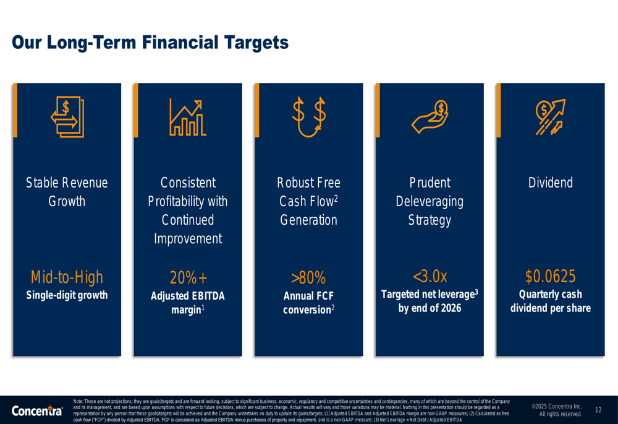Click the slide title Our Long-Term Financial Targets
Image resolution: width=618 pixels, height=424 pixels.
150,43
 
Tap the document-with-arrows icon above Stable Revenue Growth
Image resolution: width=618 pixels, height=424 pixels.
67,117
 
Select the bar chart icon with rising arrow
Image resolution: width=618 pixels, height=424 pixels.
188,117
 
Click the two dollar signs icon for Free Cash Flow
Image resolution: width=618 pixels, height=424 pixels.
309,117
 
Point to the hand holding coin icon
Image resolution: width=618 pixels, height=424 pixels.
430,117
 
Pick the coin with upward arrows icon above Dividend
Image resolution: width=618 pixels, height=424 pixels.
551,117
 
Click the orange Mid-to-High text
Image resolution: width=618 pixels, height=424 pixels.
67,277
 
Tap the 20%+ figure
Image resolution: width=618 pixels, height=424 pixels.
188,277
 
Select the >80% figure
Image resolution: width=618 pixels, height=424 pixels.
308,277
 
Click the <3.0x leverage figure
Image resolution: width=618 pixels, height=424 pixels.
430,276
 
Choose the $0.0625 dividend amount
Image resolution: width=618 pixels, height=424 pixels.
551,276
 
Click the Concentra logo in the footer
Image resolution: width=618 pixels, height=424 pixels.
37,410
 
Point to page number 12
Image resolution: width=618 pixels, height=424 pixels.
598,410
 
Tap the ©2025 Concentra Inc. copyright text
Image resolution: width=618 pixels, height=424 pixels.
557,406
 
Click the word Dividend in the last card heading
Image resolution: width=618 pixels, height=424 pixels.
551,183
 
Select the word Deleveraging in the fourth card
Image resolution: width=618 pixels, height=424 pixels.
430,202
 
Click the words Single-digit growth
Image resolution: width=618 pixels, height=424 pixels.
67,295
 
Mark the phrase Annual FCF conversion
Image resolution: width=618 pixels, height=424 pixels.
308,303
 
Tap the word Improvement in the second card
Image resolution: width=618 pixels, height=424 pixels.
188,239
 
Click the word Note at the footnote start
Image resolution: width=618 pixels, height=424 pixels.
78,401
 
